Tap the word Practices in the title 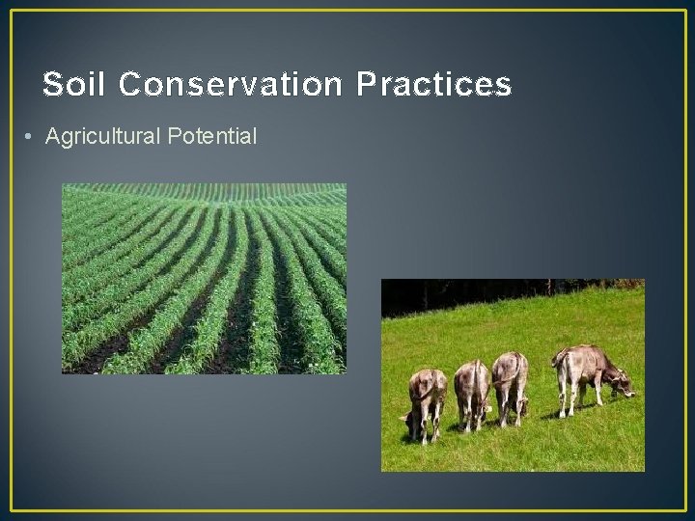pyautogui.click(x=433, y=85)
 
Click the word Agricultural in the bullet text pyautogui.click(x=103, y=137)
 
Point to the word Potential pyautogui.click(x=212, y=137)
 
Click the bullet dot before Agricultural pyautogui.click(x=32, y=138)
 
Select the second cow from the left pyautogui.click(x=472, y=391)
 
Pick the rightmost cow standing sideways pyautogui.click(x=589, y=370)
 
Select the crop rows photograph pyautogui.click(x=204, y=279)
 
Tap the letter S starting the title pyautogui.click(x=53, y=85)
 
